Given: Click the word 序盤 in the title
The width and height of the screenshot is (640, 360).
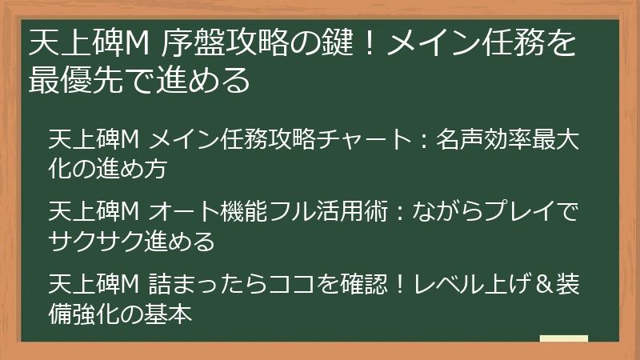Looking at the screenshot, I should pos(186,43).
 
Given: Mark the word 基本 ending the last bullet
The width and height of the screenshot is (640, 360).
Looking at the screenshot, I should pos(170,314).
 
